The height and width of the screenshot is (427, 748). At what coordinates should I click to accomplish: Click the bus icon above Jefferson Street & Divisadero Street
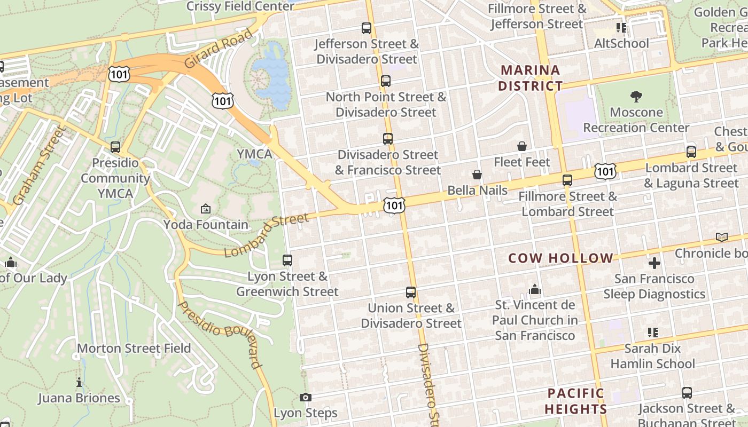(x=367, y=28)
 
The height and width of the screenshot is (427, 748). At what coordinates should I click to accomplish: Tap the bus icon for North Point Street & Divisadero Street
(x=386, y=81)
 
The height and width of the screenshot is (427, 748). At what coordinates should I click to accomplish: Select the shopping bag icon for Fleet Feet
(x=522, y=146)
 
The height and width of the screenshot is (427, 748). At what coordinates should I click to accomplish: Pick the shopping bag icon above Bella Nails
(x=477, y=175)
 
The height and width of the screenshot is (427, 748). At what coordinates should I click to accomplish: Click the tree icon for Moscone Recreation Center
(x=636, y=97)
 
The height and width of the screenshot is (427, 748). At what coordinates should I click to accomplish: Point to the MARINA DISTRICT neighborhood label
(x=531, y=78)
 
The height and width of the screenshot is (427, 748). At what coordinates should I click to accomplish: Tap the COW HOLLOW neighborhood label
(x=560, y=258)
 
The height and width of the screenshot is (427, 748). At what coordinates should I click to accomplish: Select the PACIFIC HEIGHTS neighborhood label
(x=576, y=401)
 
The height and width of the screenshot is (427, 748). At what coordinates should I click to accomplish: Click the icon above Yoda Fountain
(x=206, y=209)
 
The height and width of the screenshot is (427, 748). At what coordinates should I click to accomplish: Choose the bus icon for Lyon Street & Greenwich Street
(x=287, y=260)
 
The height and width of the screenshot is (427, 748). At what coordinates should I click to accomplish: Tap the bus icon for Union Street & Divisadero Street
(x=410, y=292)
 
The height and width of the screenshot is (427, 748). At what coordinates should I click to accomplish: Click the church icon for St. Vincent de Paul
(x=535, y=289)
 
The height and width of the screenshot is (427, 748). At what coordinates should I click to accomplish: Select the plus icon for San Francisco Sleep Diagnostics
(x=654, y=263)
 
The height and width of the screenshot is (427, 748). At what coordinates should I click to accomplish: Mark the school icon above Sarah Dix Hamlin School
(x=652, y=333)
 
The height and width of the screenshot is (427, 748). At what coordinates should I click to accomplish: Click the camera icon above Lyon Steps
(x=306, y=397)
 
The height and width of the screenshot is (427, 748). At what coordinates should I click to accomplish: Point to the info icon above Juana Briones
(x=79, y=382)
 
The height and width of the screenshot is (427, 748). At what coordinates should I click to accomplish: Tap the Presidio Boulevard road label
(x=220, y=335)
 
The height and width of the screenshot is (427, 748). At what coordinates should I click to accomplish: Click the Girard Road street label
(x=219, y=49)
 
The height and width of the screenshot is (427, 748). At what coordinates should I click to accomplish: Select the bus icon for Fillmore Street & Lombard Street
(x=567, y=180)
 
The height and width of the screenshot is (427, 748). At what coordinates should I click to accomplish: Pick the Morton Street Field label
(x=134, y=349)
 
